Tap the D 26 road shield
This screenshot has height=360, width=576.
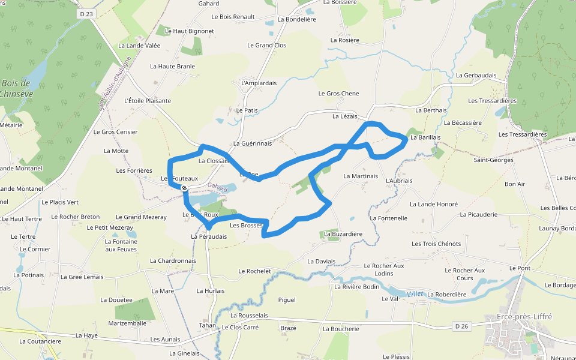click(x=461, y=326)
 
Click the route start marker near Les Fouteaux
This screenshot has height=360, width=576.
click(x=184, y=188)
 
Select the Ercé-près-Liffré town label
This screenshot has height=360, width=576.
click(x=524, y=316)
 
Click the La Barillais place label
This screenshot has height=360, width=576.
click(x=425, y=137)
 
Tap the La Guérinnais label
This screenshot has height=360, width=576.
click(x=253, y=143)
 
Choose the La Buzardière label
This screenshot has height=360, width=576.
click(x=343, y=233)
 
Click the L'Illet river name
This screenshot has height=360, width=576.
click(x=415, y=293)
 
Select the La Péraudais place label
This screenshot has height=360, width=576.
click(x=209, y=236)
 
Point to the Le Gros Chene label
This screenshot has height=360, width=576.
click(x=338, y=94)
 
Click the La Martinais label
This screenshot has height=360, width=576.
click(x=361, y=176)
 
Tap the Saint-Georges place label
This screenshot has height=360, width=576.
click(x=493, y=160)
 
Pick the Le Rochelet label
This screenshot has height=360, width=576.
click(x=254, y=271)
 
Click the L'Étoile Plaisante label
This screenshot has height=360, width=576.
click(x=147, y=101)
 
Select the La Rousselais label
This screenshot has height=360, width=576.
click(x=248, y=315)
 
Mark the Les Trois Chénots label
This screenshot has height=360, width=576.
click(x=436, y=244)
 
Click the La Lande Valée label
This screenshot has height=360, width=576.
click(x=139, y=46)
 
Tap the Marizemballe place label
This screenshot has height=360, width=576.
click(x=127, y=323)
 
